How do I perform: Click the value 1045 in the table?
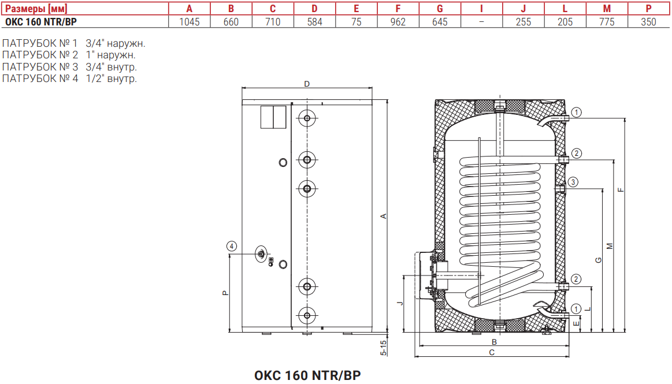click(x=189, y=22)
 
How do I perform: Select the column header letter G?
click(x=440, y=9)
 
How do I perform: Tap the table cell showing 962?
click(x=398, y=22)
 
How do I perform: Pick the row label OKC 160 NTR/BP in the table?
click(x=41, y=22)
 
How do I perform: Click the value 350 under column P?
click(x=648, y=22)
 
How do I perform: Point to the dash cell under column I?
click(x=481, y=22)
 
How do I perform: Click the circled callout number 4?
click(x=232, y=246)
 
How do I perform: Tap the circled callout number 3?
click(x=573, y=182)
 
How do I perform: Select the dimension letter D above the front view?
click(x=307, y=84)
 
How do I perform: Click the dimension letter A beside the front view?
click(x=384, y=216)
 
